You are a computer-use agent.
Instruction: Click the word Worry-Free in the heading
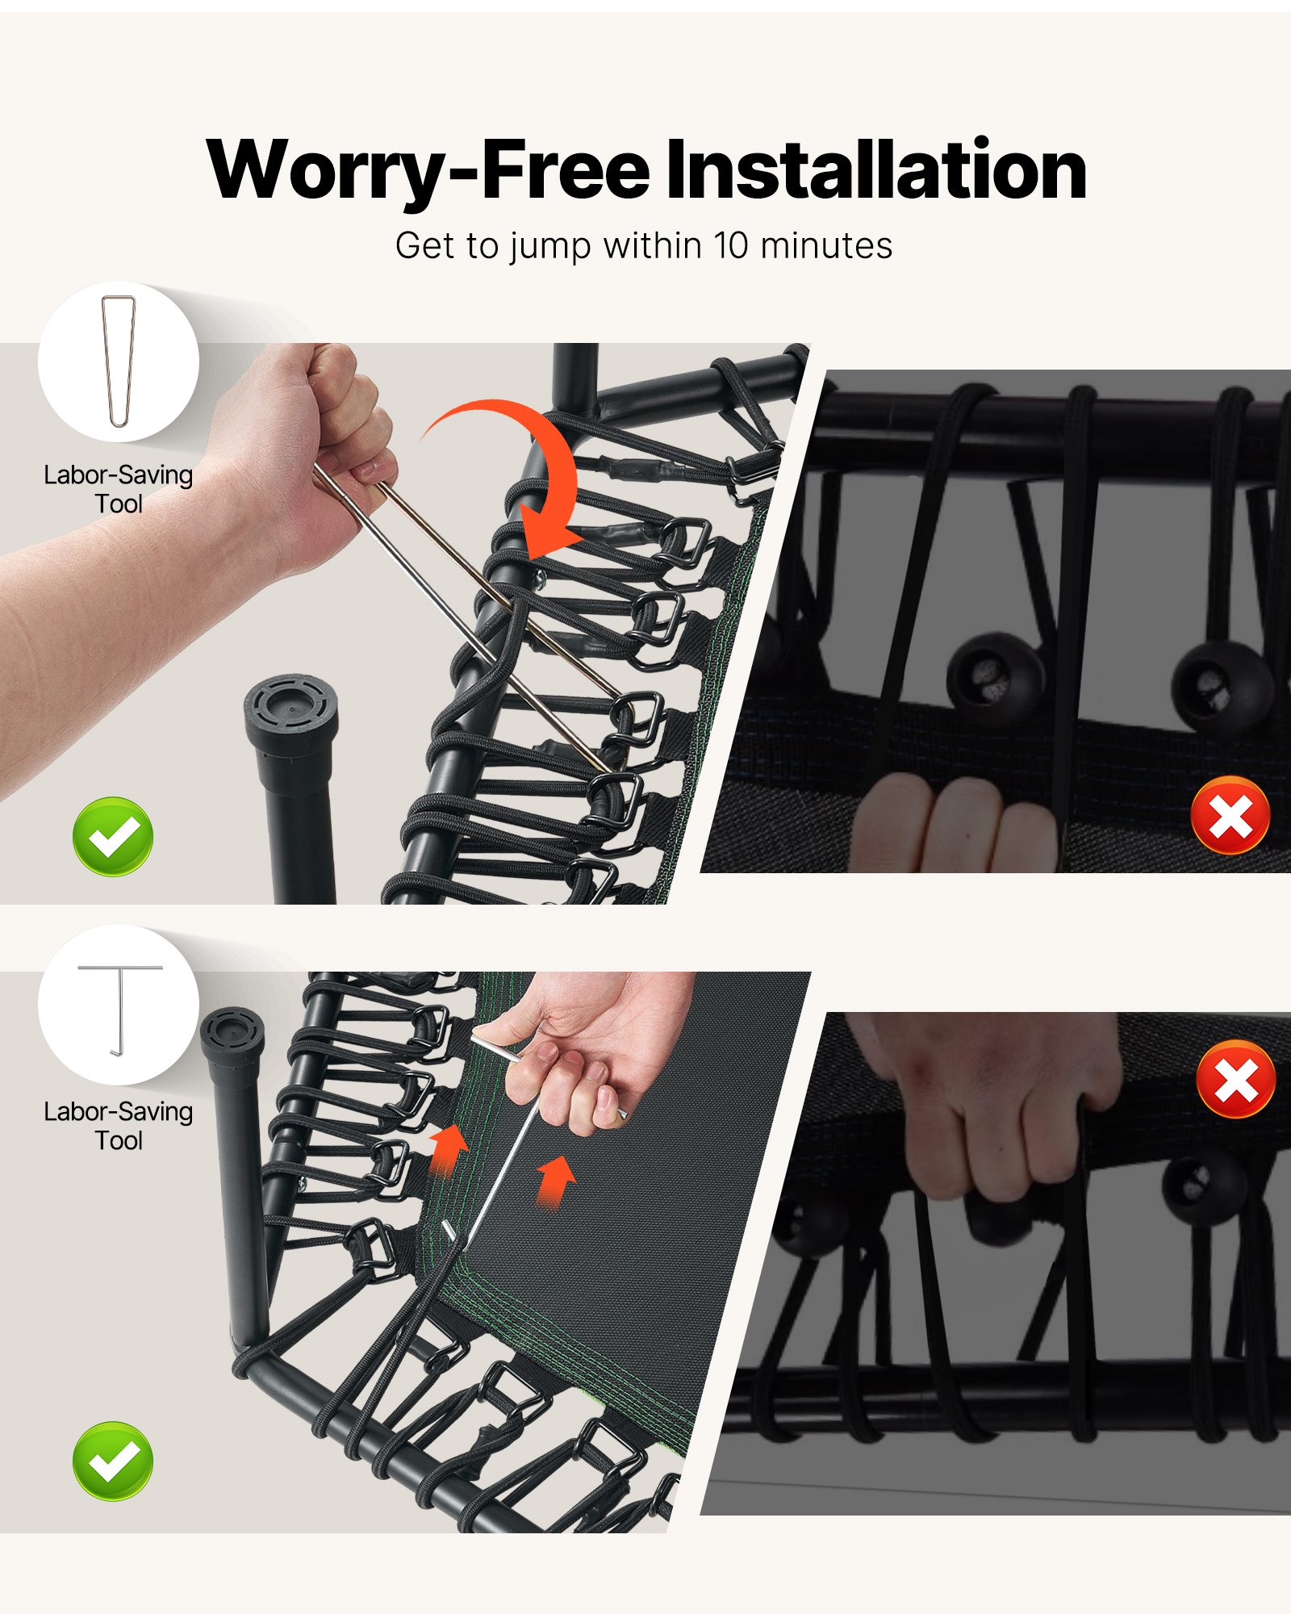(x=428, y=171)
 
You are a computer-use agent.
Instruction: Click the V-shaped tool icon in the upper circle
(x=119, y=361)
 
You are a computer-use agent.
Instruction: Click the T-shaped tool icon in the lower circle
(x=120, y=1009)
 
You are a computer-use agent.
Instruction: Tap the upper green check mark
(x=113, y=836)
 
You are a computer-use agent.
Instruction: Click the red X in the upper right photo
(x=1230, y=815)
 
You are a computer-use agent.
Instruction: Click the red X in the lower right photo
(x=1236, y=1079)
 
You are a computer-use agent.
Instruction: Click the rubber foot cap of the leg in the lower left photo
(x=232, y=1037)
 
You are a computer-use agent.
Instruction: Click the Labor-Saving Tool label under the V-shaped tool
(x=119, y=489)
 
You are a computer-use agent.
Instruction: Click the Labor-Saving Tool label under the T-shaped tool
(x=119, y=1126)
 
